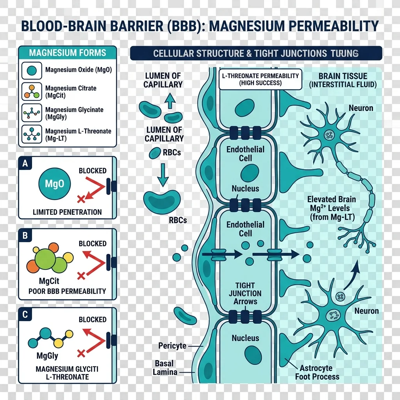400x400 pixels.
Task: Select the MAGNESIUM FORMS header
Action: pyautogui.click(x=68, y=53)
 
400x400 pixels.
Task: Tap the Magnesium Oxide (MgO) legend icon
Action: pyautogui.click(x=33, y=70)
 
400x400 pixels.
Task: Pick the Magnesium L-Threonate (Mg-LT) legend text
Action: pyautogui.click(x=78, y=135)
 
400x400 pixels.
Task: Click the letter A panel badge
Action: pyautogui.click(x=25, y=164)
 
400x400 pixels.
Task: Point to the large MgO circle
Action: pyautogui.click(x=55, y=184)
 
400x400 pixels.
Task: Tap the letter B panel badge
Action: pyautogui.click(x=25, y=236)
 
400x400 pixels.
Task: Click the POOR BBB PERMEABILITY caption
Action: pyautogui.click(x=68, y=291)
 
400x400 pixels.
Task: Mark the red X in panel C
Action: pyautogui.click(x=81, y=354)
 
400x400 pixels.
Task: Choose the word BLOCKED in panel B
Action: pyautogui.click(x=93, y=243)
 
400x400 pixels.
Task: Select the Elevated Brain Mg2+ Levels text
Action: pyautogui.click(x=331, y=208)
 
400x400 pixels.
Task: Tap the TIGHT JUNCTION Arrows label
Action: pyautogui.click(x=245, y=293)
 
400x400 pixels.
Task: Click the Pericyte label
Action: pyautogui.click(x=172, y=346)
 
